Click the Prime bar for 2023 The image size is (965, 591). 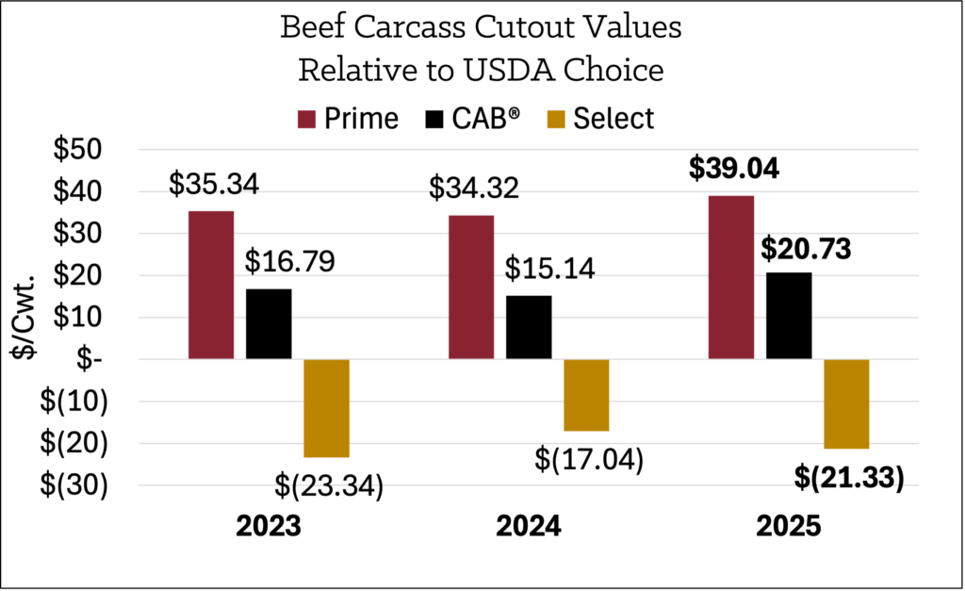pyautogui.click(x=211, y=285)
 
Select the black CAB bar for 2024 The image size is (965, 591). pyautogui.click(x=529, y=327)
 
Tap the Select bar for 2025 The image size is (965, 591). pyautogui.click(x=846, y=403)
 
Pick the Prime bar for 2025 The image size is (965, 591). pyautogui.click(x=730, y=277)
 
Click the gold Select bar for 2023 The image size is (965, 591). pyautogui.click(x=327, y=407)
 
